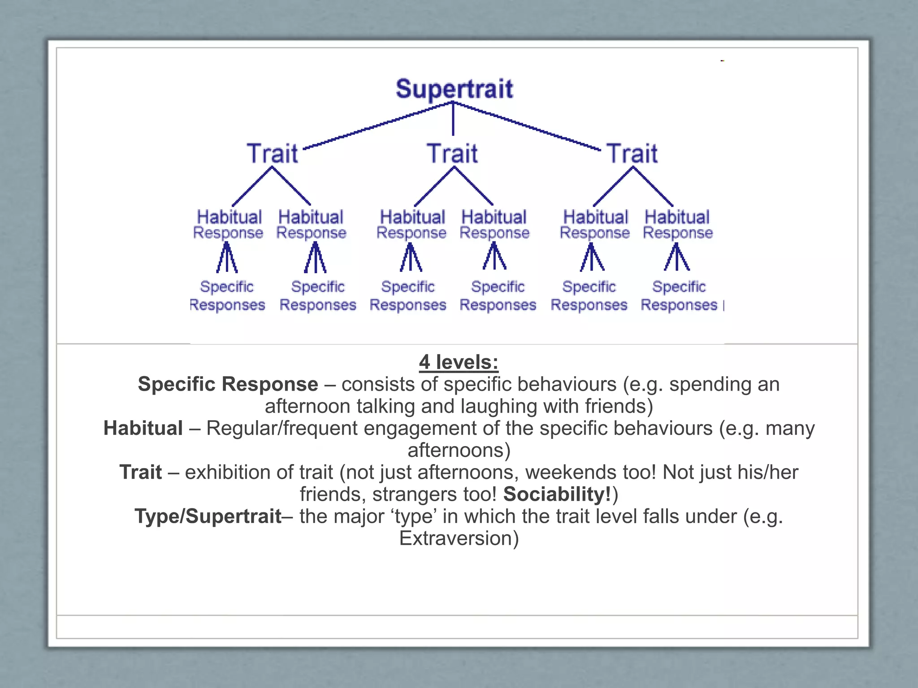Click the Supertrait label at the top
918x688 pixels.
454,89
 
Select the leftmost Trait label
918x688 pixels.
272,153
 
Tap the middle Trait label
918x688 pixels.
452,153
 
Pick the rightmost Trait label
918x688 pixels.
632,153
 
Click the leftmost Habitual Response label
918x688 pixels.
229,224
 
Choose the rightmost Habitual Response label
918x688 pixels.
677,224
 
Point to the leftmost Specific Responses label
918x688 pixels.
227,296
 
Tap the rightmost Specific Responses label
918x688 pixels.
679,296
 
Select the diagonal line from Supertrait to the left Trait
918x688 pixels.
377,126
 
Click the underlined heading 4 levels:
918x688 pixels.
459,362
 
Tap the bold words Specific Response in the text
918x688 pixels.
228,384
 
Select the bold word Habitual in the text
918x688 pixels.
143,428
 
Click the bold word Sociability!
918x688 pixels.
557,494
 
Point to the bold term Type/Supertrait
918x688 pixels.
208,516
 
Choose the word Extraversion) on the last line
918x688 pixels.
459,538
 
